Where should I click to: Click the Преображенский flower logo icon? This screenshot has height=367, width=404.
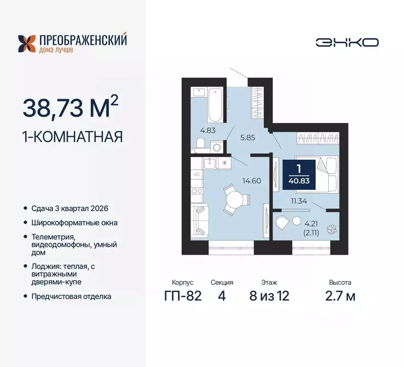(x=26, y=43)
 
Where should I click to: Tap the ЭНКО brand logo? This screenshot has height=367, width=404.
(x=347, y=42)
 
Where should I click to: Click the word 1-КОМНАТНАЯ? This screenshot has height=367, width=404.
(x=73, y=137)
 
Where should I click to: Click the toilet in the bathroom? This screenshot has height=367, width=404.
(x=201, y=143)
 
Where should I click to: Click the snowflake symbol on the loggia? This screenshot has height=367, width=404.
(x=330, y=229)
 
